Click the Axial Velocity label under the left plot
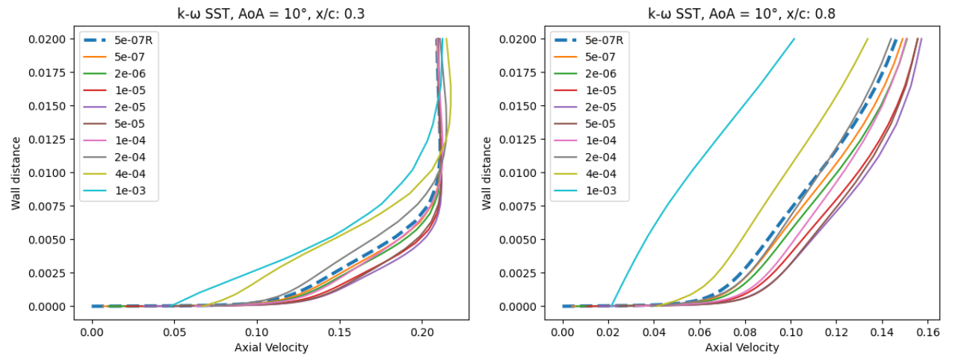click(x=272, y=347)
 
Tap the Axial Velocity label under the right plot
click(x=742, y=347)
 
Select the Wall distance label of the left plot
click(x=16, y=173)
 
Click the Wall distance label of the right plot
click(x=486, y=173)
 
